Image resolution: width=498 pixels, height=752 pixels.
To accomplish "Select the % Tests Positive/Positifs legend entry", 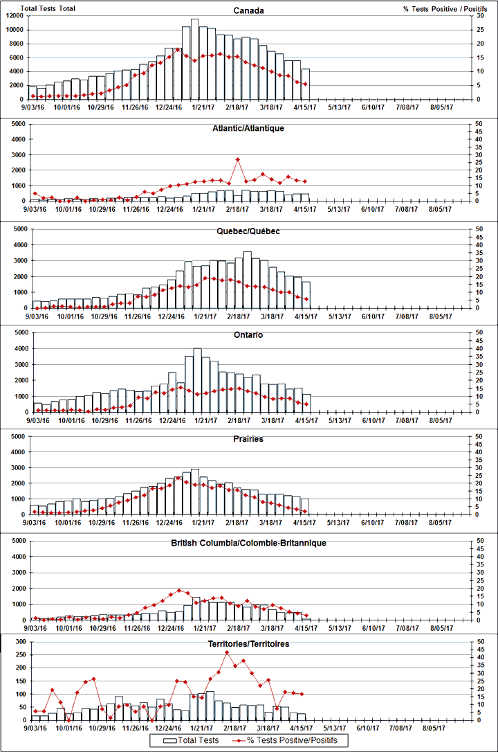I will [x=297, y=741].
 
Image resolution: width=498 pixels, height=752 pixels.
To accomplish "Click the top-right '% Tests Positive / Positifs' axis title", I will [x=440, y=8].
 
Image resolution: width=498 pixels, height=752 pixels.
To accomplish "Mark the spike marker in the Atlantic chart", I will [x=237, y=159].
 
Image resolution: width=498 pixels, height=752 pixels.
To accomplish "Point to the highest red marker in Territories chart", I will [x=228, y=652].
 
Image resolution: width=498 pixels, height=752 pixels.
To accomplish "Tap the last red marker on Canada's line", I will [x=305, y=84].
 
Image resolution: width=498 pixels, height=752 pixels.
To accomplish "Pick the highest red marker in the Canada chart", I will [x=178, y=50].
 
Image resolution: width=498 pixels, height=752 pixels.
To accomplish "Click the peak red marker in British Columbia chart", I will [x=179, y=591].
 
